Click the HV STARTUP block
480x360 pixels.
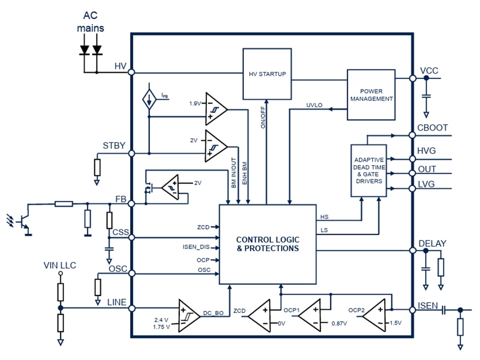point(267,73)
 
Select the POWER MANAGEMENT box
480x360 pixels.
point(371,94)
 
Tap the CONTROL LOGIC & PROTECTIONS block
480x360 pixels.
point(267,244)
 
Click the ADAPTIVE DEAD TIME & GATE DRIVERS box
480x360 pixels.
point(369,171)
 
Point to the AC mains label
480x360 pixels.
point(90,22)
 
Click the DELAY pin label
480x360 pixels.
point(433,243)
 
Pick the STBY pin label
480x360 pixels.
point(114,145)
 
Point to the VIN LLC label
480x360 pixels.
point(60,265)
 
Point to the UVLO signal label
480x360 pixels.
point(315,105)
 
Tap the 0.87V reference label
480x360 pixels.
point(339,323)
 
